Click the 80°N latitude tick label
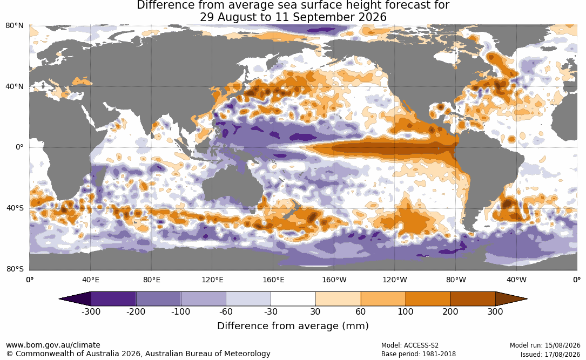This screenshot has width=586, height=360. tap(15, 26)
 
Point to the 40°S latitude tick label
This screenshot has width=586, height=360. tap(15, 208)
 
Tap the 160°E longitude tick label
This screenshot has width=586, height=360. tap(273, 280)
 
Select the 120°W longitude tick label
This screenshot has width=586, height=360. tap(395, 280)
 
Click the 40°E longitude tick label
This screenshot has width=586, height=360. tap(90, 280)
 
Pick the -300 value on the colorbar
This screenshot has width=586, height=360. tap(91, 312)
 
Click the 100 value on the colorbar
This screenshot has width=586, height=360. tap(406, 312)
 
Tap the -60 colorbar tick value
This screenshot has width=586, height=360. tap(226, 312)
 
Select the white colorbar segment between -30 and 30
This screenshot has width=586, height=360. tap(293, 299)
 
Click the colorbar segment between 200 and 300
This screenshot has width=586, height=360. tap(473, 299)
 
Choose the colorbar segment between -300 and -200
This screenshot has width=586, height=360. tap(113, 299)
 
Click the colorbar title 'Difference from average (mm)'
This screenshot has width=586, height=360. tap(293, 326)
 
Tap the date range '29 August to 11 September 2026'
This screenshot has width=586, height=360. tap(293, 17)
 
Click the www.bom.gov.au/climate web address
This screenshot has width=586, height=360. tap(53, 345)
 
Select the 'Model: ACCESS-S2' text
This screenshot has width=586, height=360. tap(410, 345)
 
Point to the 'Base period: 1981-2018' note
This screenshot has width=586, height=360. tap(419, 354)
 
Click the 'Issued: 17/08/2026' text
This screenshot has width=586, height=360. tap(550, 354)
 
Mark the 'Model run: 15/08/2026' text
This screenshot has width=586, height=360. tap(545, 345)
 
